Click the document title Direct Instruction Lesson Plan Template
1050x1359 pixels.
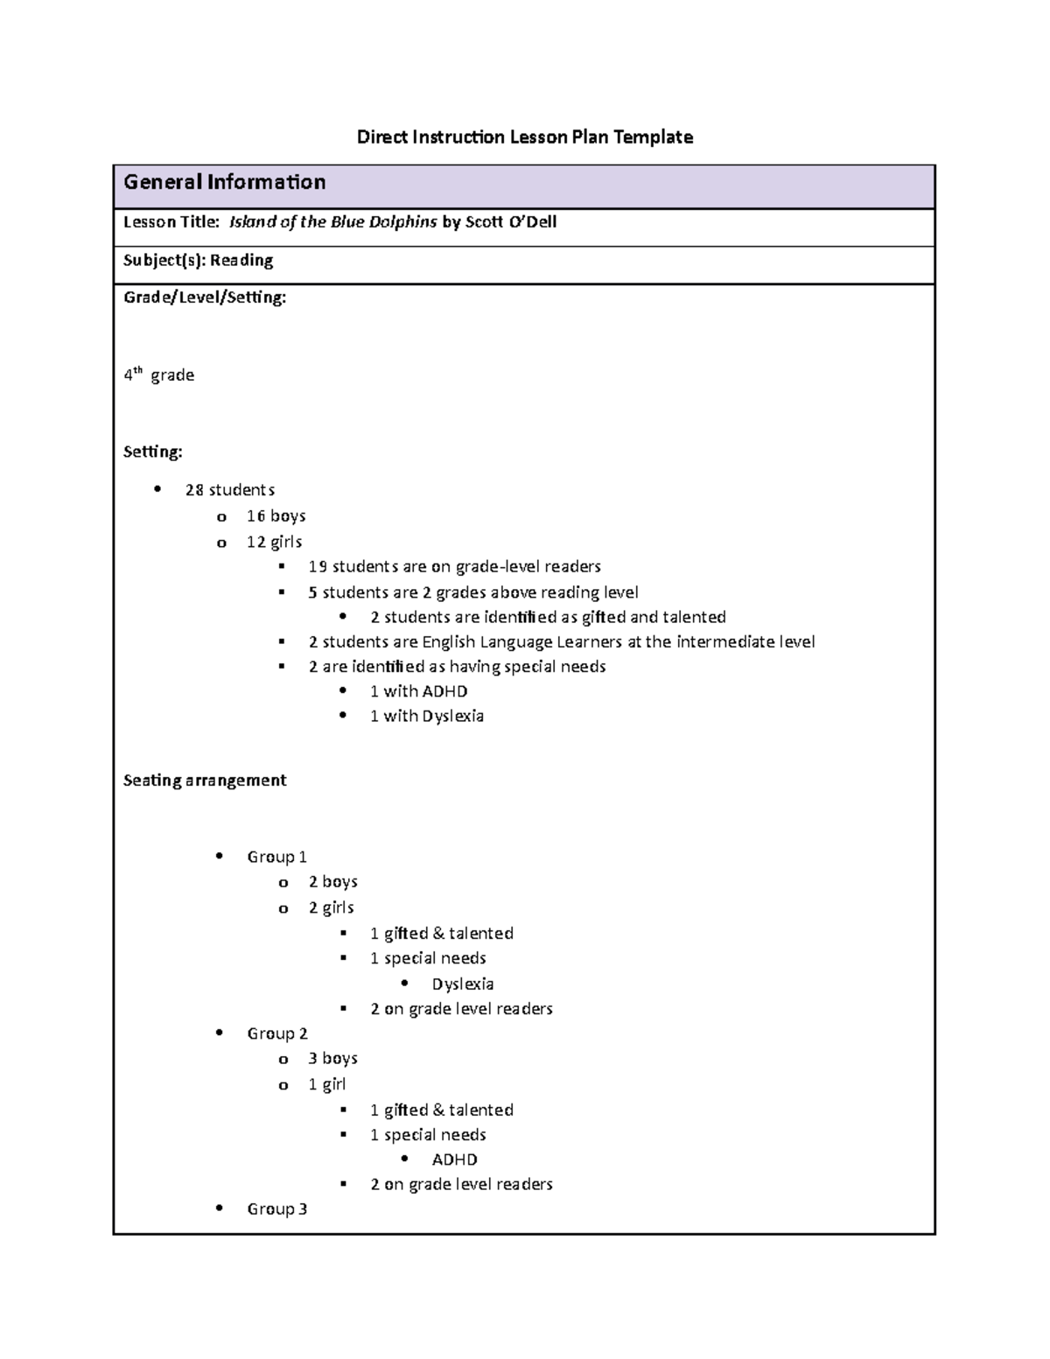pos(524,137)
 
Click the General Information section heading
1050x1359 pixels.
pos(224,182)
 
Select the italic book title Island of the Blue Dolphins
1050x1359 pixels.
pos(332,221)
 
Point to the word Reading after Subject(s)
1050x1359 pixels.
pos(241,260)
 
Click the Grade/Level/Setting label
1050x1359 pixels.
pos(205,298)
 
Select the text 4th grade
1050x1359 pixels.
pos(158,375)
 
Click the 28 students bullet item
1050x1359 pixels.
pos(229,490)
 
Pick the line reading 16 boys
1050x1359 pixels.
pos(276,516)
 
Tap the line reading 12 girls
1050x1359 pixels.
pos(274,542)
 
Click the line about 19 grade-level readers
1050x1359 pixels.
pos(454,566)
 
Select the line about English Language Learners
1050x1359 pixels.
pos(561,641)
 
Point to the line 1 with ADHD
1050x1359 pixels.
pos(418,691)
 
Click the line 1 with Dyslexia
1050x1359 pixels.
pos(426,716)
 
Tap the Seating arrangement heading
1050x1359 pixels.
pos(205,780)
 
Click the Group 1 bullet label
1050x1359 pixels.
pos(276,857)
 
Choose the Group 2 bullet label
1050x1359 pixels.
pos(276,1033)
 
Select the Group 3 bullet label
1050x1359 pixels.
pos(276,1208)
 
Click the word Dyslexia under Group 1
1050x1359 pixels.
pos(462,984)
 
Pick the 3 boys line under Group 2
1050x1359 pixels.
pos(332,1058)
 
